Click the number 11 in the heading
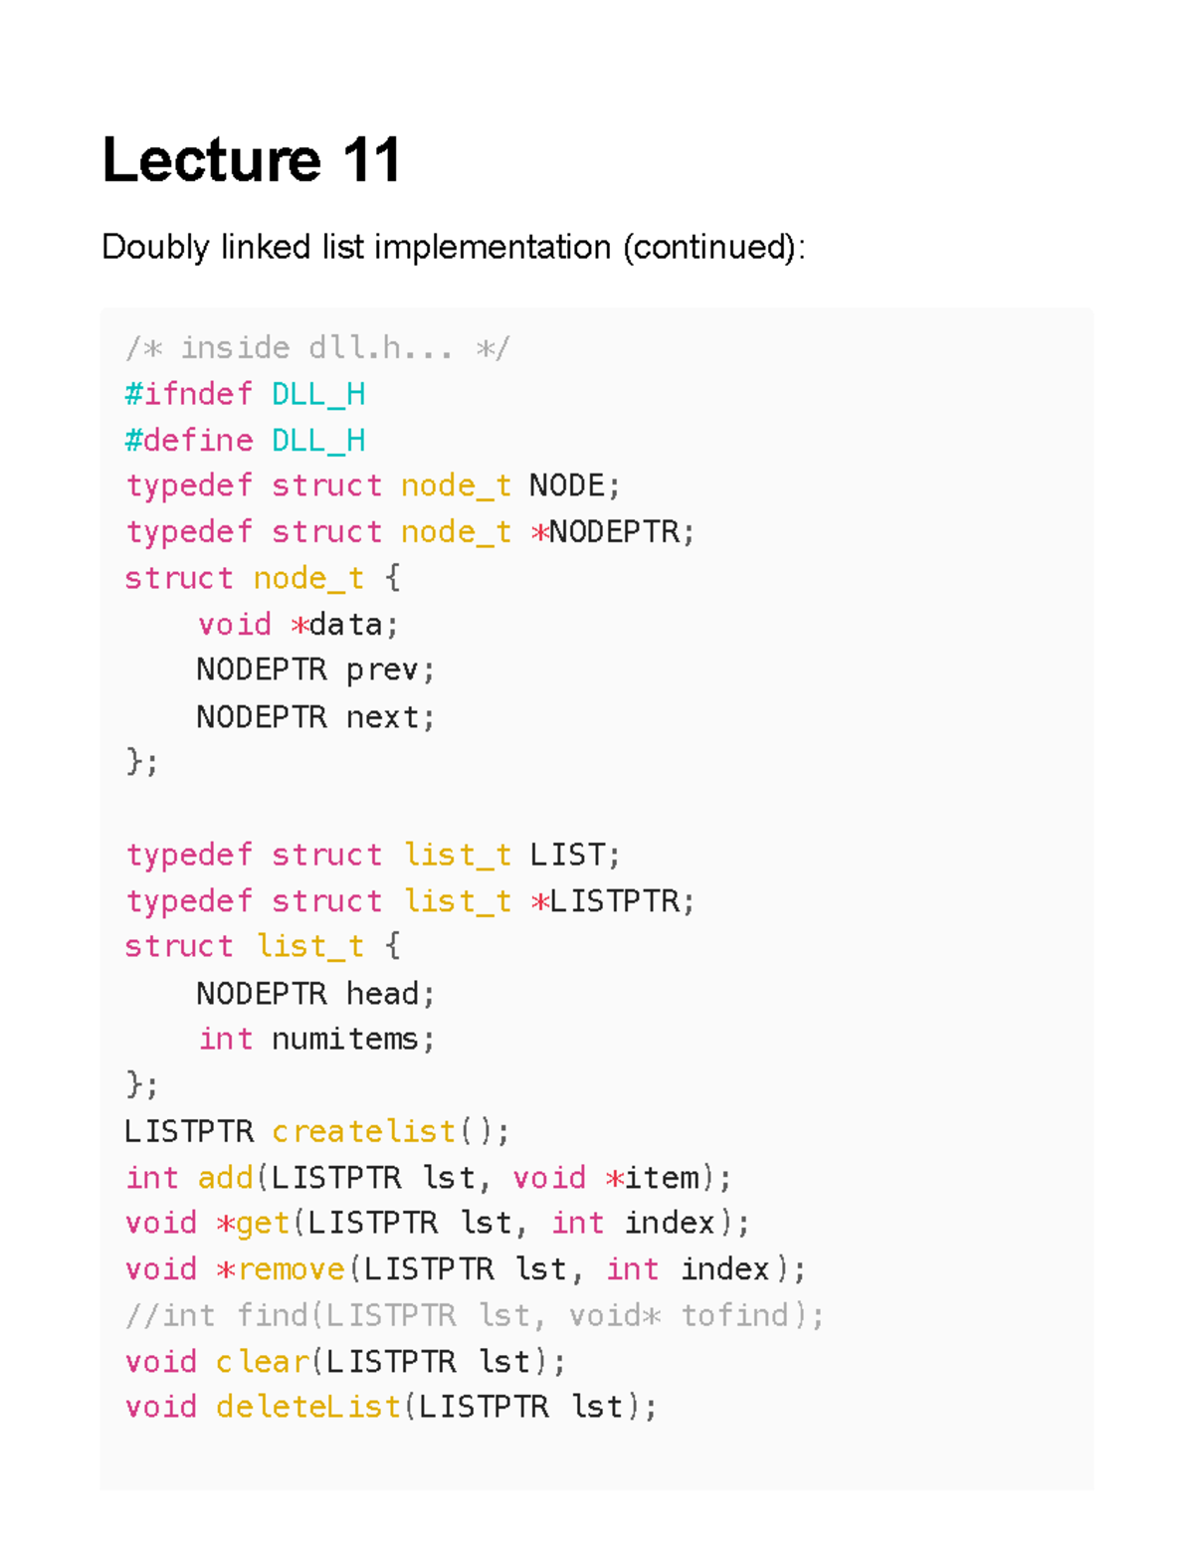pos(371,160)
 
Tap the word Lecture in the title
pos(211,160)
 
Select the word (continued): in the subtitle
pos(713,247)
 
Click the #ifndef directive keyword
pos(188,394)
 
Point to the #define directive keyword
pos(188,440)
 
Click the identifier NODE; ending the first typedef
pos(574,485)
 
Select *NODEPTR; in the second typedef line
pos(612,532)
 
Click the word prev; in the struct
pos(390,671)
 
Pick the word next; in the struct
pos(390,717)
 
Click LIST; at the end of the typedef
pos(574,855)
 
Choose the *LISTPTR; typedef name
pos(612,901)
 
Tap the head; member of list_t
pos(390,994)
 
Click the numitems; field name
pos(353,1040)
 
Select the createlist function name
pos(363,1131)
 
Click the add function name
pos(226,1178)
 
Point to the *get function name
pos(253,1223)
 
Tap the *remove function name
pos(280,1269)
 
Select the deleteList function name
pos(308,1407)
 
